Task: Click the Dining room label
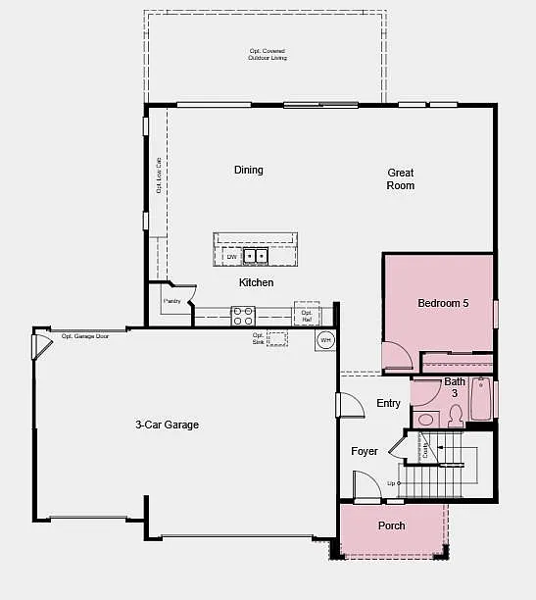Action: pos(249,170)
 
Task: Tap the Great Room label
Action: pos(400,179)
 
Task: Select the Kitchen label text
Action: pos(257,282)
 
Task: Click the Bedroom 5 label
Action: pos(443,304)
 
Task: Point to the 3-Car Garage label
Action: pos(167,425)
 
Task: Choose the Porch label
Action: pos(392,525)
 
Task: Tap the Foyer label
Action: pos(365,452)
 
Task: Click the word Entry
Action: pos(389,404)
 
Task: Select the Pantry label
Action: pos(172,301)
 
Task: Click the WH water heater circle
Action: pos(325,340)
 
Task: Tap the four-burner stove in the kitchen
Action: pos(243,316)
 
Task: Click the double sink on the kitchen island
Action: pos(255,257)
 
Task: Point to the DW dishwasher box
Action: pos(231,257)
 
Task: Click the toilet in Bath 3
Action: pos(455,416)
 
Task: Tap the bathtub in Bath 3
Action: pos(482,400)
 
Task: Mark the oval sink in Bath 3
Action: pos(425,420)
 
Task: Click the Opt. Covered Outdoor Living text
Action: pos(268,54)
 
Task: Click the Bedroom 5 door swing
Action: pos(397,356)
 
